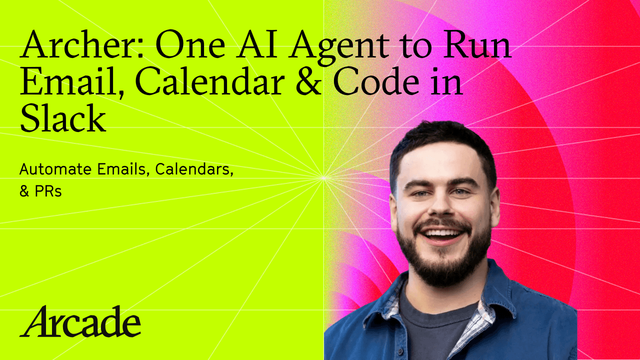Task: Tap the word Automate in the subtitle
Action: [53, 169]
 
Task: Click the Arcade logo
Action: [80, 321]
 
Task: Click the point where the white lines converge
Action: [323, 177]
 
